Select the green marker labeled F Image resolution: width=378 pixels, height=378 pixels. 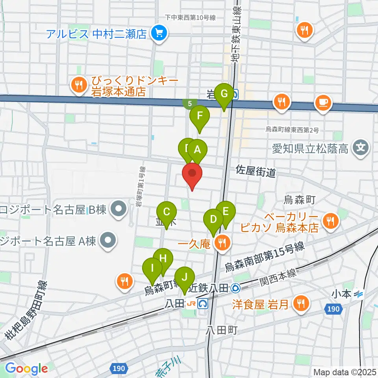200,117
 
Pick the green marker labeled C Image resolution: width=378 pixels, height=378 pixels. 167,213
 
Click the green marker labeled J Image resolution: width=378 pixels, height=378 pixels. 184,277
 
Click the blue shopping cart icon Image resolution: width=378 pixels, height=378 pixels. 159,33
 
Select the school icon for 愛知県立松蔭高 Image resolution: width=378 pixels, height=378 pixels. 361,148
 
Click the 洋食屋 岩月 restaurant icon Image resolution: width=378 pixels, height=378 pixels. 301,304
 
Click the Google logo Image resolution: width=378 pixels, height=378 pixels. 26,369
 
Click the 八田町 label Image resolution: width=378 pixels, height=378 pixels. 221,330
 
